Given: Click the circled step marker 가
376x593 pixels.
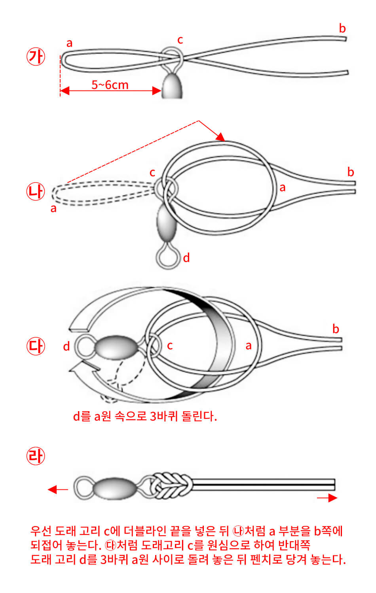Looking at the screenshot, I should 36,57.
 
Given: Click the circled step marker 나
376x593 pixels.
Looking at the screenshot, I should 36,192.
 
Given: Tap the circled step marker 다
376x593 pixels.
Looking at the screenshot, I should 36,346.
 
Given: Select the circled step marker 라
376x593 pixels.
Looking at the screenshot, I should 36,456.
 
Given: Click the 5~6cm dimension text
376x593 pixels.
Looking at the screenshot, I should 110,85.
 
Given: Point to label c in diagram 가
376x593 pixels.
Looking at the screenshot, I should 180,40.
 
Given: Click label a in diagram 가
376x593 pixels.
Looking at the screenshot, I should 70,43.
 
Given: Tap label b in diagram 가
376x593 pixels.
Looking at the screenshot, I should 342,28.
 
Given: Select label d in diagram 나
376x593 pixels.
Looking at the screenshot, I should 186,258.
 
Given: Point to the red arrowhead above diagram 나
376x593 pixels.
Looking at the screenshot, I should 220,137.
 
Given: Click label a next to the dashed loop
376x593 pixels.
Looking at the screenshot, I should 53,208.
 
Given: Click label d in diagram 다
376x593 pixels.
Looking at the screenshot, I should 66,346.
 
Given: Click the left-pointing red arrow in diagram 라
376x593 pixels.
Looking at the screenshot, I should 57,490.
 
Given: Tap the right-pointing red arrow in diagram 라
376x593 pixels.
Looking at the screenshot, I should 327,498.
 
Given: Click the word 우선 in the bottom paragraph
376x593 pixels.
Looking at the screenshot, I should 41,531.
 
